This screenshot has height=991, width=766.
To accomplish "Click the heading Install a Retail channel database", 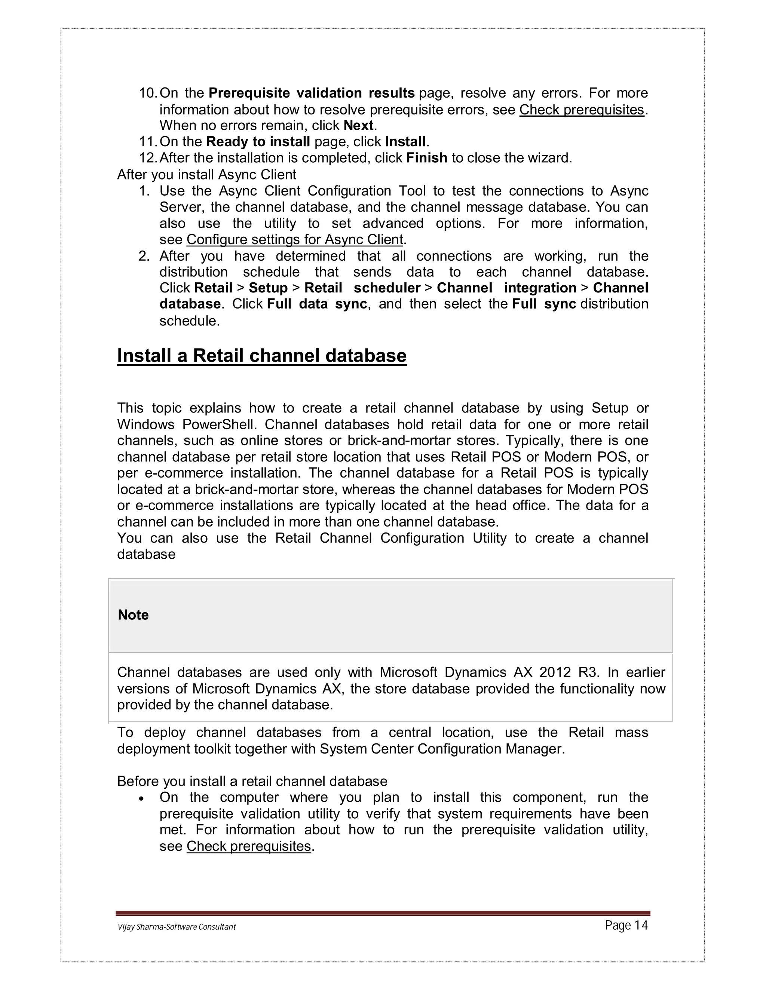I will (262, 355).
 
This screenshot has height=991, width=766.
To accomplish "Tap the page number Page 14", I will (626, 925).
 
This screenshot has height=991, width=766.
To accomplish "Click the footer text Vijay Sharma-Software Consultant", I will (177, 927).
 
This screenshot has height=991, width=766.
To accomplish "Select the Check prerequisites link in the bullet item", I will (249, 846).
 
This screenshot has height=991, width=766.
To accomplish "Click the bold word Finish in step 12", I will (426, 158).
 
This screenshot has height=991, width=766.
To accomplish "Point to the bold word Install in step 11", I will (405, 142).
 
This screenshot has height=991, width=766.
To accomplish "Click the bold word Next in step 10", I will (358, 125).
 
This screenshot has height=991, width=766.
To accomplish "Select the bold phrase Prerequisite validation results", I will (311, 93).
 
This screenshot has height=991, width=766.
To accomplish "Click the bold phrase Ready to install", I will (258, 142).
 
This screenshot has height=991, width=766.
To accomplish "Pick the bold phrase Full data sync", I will (317, 304).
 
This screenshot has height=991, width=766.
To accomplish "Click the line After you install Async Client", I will (206, 174).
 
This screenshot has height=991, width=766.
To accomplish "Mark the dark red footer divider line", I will (383, 913).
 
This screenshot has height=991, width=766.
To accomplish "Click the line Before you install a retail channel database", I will (252, 781).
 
